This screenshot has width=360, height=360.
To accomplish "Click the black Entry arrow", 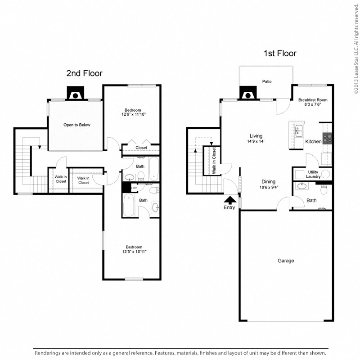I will (x=229, y=200).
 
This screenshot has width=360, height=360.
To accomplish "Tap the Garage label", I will (x=286, y=261).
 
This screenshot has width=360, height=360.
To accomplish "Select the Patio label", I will (x=266, y=82).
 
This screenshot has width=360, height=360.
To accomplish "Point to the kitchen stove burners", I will (x=327, y=138).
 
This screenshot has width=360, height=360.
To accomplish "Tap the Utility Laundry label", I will (x=313, y=175).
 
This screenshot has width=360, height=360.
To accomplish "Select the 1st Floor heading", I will (x=280, y=54).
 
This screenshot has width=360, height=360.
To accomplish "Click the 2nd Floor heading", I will (x=84, y=73).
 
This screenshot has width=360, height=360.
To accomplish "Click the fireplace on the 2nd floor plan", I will (x=74, y=93).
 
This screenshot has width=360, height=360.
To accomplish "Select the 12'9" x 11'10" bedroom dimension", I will (x=134, y=114).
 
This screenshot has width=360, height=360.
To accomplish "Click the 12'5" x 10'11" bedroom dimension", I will (x=134, y=251).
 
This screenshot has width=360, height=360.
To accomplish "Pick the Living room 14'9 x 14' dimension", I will (x=256, y=141).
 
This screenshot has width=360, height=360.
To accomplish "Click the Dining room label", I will (x=269, y=182).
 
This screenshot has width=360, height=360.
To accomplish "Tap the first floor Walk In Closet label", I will (x=214, y=161).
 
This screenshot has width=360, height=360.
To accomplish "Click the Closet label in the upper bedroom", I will (x=141, y=148).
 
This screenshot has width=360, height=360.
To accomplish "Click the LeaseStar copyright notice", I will (x=355, y=47).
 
